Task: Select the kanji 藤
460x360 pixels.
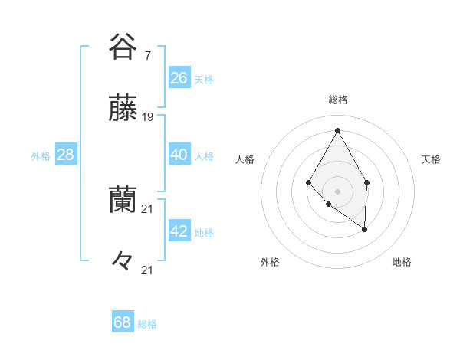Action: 123,109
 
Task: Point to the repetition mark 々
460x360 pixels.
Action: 123,260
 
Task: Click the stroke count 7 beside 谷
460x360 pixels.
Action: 147,56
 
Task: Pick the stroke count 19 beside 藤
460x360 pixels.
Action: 148,117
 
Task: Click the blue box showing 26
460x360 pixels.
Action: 179,78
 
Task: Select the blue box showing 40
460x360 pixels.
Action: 179,155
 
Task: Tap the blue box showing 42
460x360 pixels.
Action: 179,231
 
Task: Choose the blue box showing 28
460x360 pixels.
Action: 66,155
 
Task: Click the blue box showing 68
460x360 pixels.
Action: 123,322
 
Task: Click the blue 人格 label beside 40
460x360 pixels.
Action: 204,156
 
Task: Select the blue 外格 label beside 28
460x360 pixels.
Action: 41,156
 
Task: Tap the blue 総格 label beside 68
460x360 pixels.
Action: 147,324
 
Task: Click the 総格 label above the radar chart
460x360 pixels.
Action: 337,100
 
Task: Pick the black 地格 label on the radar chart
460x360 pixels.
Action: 402,263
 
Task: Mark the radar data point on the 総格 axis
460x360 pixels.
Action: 337,130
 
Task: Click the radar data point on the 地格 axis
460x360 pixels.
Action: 365,229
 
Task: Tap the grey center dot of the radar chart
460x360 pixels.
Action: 337,191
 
